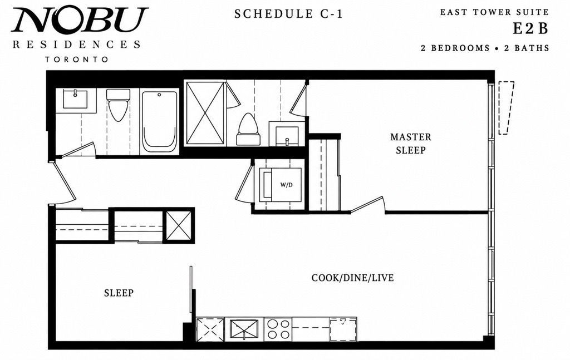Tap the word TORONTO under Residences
click(77, 59)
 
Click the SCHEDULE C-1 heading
click(288, 14)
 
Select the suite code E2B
click(530, 29)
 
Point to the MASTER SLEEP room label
click(411, 144)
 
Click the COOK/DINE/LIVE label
click(352, 278)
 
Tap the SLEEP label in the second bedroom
click(119, 293)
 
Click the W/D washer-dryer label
click(287, 185)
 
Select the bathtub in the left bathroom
click(160, 122)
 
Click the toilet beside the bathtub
click(118, 105)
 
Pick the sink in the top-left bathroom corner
click(75, 100)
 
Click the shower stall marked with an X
click(205, 114)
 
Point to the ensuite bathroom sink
click(287, 136)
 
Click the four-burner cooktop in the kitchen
click(278, 329)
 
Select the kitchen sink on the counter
click(244, 329)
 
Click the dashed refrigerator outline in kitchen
click(343, 329)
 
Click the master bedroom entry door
click(367, 205)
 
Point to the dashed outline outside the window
click(506, 108)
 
